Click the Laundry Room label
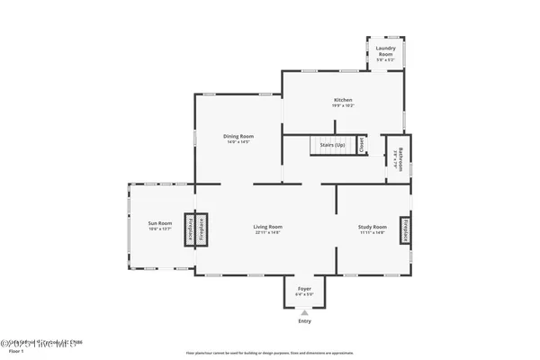[384, 53]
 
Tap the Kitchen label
[343, 100]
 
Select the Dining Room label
[238, 136]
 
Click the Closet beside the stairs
[360, 144]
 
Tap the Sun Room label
[160, 222]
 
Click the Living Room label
[268, 227]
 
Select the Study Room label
[373, 227]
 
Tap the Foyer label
[304, 289]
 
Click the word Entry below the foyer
[303, 322]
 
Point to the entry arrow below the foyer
[303, 312]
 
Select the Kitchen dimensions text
[343, 106]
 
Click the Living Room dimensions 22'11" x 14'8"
[268, 233]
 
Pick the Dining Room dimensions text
[238, 142]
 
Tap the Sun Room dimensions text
[160, 229]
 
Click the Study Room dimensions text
[373, 233]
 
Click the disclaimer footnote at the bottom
[269, 354]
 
